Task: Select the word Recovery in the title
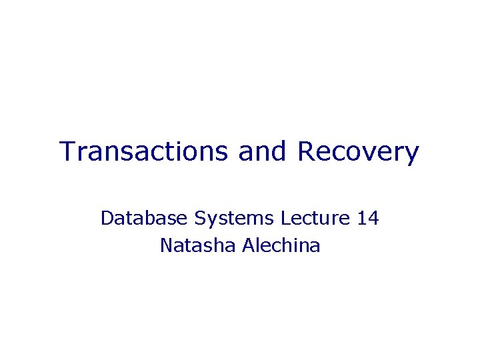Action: coord(359,152)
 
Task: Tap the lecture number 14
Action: coord(368,218)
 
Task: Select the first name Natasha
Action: coord(198,245)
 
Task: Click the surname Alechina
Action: coord(281,245)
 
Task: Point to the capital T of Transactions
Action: coord(67,152)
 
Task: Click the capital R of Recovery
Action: coord(307,152)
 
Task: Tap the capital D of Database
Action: coord(107,218)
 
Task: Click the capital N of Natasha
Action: coord(167,245)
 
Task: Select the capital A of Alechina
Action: coord(248,245)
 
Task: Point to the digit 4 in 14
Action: coord(373,218)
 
